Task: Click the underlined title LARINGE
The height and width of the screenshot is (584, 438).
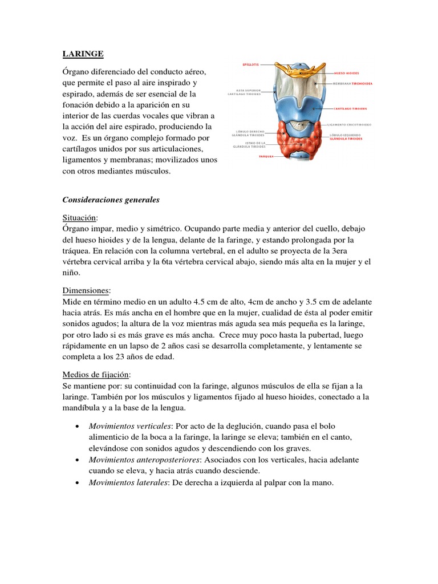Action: tap(83, 54)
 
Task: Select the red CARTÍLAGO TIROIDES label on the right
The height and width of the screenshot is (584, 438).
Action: tap(350, 108)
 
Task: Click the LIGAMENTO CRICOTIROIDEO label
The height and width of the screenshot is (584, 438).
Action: tap(349, 124)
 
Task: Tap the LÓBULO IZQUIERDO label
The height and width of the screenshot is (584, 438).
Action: tap(346, 135)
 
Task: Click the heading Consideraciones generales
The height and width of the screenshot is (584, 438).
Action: tap(111, 201)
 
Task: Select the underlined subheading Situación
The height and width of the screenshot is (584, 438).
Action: tap(80, 218)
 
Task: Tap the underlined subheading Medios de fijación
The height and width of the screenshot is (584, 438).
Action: tap(96, 374)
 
